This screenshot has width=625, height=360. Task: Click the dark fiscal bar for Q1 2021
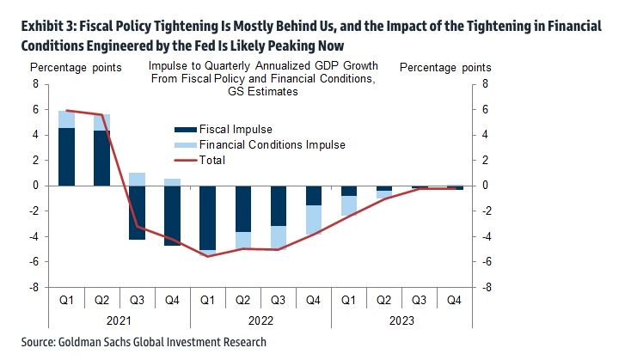coord(66,156)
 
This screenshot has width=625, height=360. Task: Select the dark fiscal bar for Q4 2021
coord(173,215)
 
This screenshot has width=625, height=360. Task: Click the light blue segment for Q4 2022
coord(315,219)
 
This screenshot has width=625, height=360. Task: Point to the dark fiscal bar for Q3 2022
coord(279,205)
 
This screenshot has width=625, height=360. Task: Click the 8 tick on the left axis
coord(37,84)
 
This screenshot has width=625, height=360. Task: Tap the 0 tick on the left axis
coord(37,186)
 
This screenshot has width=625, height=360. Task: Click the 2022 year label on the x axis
coord(260,320)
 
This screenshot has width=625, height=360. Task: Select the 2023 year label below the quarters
coord(401,320)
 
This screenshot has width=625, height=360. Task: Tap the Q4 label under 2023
coord(455,300)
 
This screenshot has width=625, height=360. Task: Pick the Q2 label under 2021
coord(101,300)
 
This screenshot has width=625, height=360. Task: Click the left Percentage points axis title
coord(77,66)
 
